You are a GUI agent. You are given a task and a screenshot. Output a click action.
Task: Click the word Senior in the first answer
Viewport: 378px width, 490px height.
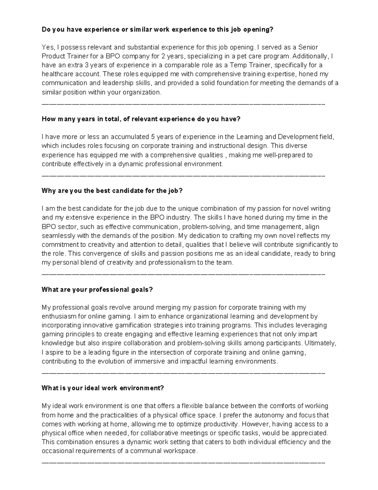coord(308,47)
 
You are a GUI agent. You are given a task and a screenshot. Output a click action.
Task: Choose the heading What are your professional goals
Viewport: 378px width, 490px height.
coord(97,290)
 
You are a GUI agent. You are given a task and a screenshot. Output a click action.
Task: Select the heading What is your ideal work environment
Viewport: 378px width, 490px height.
coord(103,388)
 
